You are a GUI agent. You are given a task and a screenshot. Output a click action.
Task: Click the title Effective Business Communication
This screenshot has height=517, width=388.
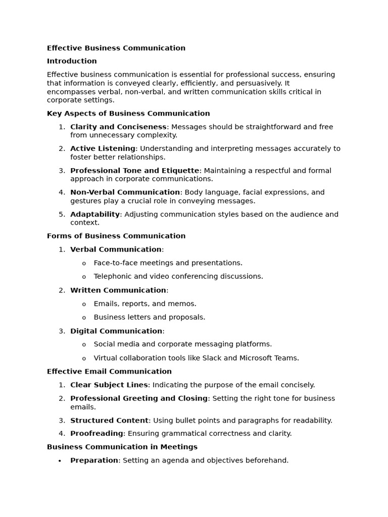click(116, 48)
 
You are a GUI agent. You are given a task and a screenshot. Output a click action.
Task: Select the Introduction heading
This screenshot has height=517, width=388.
click(72, 61)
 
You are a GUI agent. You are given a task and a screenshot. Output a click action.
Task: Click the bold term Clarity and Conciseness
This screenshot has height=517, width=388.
click(118, 127)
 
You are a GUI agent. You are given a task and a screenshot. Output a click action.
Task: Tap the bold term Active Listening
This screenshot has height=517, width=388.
click(103, 148)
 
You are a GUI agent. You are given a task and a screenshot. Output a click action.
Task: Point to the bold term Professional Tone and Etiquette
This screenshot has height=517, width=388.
click(134, 171)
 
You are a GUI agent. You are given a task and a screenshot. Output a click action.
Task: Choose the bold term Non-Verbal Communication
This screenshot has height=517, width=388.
click(125, 192)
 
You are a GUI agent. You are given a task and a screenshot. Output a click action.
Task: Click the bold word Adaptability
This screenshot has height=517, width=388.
click(95, 214)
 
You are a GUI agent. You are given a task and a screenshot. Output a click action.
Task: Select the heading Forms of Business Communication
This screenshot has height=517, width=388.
click(116, 236)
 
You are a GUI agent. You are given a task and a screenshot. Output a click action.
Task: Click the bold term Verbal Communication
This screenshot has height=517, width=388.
click(116, 249)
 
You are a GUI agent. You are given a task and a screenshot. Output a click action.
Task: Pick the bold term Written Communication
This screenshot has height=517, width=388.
click(118, 290)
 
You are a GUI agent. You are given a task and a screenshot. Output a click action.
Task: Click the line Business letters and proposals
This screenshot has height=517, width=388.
click(149, 318)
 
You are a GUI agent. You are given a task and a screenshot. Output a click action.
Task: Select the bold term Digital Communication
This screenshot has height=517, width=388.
click(116, 331)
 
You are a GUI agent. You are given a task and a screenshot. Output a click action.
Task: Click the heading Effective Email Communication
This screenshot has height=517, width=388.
click(109, 372)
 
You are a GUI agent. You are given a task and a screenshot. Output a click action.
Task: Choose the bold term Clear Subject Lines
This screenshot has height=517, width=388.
click(109, 385)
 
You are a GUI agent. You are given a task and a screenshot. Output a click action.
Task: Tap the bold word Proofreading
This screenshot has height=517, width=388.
click(96, 433)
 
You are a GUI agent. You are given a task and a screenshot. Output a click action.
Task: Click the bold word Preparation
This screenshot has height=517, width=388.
click(94, 460)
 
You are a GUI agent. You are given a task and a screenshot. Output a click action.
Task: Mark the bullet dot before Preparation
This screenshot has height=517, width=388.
click(60, 461)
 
